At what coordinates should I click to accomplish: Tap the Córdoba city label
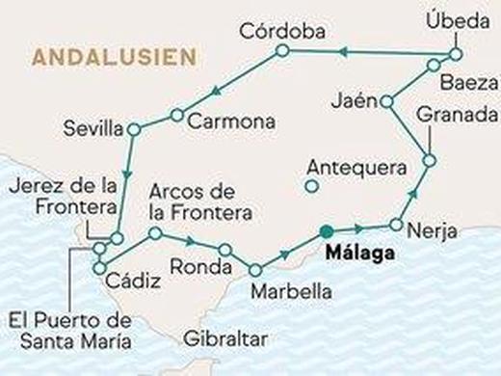(279, 28)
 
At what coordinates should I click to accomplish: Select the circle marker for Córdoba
(281, 50)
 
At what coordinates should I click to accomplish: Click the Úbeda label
(459, 19)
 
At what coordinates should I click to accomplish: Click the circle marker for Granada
(430, 159)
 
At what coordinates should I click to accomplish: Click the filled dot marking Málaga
(328, 230)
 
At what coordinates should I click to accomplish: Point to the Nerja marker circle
(395, 225)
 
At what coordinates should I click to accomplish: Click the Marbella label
(290, 290)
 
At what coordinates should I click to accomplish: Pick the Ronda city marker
(225, 249)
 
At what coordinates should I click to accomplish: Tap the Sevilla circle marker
(132, 126)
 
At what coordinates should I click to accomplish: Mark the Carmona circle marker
(176, 115)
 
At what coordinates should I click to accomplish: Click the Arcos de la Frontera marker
(154, 233)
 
